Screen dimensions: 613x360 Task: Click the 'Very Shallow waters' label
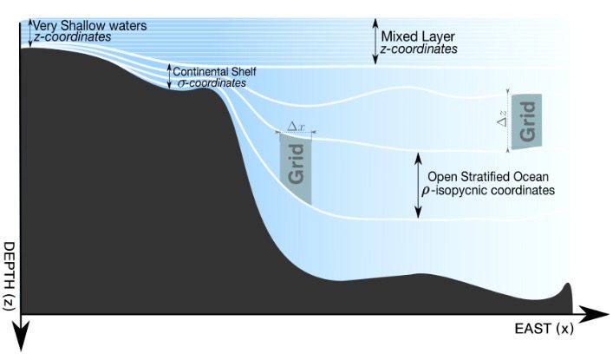[90, 26]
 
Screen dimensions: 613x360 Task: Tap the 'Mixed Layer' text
[418, 36]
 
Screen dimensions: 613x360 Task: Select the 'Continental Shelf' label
[215, 72]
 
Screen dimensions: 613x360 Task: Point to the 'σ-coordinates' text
[212, 83]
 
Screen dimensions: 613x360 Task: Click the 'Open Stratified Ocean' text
[488, 176]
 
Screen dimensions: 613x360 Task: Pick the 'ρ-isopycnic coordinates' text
[488, 191]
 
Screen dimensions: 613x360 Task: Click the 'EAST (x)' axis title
[545, 328]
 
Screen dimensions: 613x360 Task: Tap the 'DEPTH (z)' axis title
[9, 276]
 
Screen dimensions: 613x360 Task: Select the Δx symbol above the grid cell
[296, 127]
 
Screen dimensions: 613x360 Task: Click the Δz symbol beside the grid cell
[502, 117]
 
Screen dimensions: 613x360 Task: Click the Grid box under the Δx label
[296, 168]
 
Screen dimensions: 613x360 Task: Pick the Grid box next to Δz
[526, 121]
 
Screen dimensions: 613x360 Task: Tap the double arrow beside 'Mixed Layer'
[375, 41]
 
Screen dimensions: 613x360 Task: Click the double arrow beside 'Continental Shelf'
[169, 76]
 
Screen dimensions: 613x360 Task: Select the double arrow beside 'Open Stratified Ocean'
[419, 185]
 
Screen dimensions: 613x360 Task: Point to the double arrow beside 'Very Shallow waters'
[29, 33]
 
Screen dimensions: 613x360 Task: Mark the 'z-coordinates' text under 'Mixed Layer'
[419, 49]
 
